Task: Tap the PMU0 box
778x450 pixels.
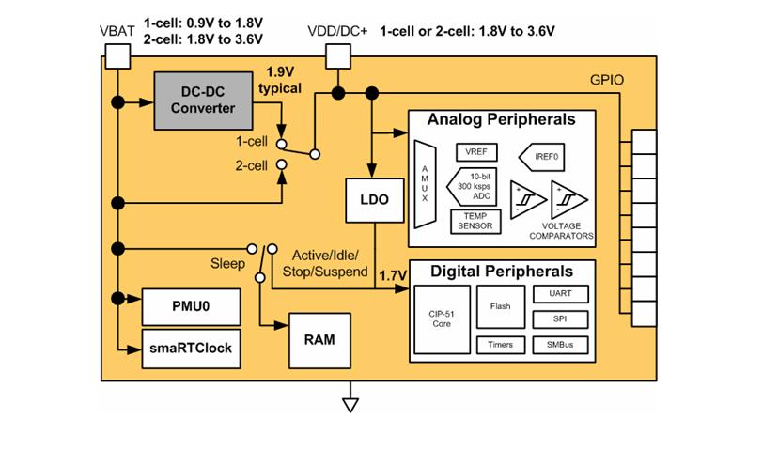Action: point(190,306)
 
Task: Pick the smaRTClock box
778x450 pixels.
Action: point(190,348)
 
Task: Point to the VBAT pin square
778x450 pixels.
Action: point(116,57)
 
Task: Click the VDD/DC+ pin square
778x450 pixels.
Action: point(337,57)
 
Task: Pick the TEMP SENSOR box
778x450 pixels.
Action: point(476,221)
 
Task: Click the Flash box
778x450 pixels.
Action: point(500,307)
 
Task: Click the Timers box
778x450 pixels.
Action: point(500,345)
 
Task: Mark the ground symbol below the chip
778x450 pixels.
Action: point(350,404)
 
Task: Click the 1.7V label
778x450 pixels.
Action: point(391,275)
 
